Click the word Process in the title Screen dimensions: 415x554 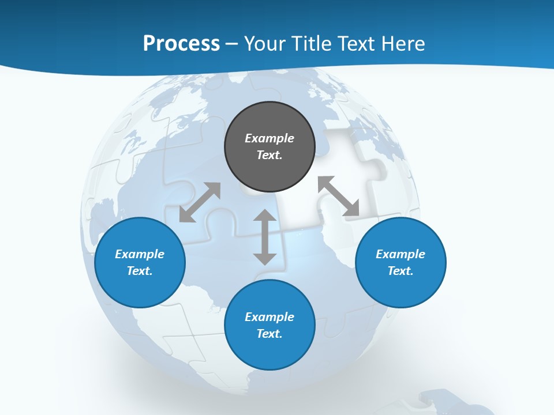pos(181,44)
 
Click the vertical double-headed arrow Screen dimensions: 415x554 pos(265,237)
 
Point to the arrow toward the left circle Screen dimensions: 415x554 pos(200,202)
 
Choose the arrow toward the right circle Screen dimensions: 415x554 pos(339,196)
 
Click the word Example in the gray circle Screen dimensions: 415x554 pos(269,138)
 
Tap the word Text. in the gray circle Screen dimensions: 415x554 pos(269,155)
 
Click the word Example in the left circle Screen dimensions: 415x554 pos(140,254)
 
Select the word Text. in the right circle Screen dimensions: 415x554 pos(400,271)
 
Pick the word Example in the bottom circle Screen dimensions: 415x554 pos(269,317)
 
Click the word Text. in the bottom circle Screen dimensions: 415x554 pos(269,334)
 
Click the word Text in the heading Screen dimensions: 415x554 pos(354,44)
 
